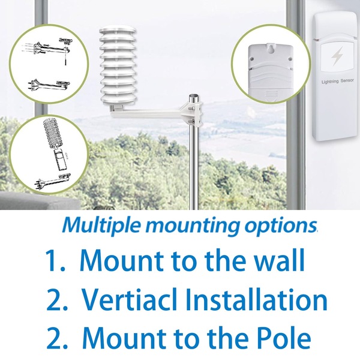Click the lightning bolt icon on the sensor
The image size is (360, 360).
(x=337, y=56)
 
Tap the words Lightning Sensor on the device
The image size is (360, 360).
(x=337, y=81)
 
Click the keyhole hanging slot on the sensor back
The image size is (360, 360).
(x=271, y=49)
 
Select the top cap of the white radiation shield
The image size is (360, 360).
(x=118, y=31)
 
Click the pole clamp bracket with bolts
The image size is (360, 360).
(x=193, y=114)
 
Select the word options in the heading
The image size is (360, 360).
(x=281, y=227)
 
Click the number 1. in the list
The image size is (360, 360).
(x=55, y=260)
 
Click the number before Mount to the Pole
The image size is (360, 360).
(x=57, y=338)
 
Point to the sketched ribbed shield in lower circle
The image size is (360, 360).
(x=52, y=133)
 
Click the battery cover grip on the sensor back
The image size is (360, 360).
(x=271, y=94)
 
